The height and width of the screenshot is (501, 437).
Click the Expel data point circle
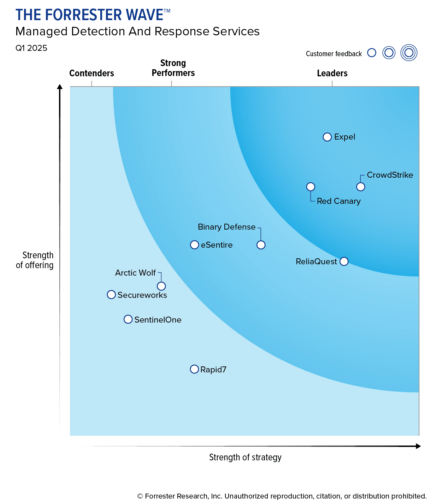(x=327, y=137)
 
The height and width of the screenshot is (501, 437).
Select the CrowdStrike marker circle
(x=360, y=187)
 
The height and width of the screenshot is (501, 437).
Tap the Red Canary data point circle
(x=311, y=187)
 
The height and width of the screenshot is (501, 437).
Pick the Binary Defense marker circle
(x=261, y=245)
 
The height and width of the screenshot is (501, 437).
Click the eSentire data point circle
(x=194, y=245)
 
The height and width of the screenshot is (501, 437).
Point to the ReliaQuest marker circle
(x=344, y=261)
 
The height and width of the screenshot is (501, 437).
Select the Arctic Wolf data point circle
(x=161, y=286)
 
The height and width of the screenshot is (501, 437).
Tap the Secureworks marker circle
(x=111, y=295)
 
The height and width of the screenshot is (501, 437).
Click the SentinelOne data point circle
(x=128, y=319)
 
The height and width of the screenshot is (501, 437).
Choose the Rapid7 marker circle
(x=194, y=369)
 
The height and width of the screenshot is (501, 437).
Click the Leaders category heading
(x=332, y=73)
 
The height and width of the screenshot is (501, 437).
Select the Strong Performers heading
(x=173, y=68)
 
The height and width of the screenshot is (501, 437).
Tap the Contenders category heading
(x=91, y=73)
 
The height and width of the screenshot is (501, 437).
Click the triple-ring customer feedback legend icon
(x=409, y=53)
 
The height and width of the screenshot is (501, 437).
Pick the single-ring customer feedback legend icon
(x=372, y=53)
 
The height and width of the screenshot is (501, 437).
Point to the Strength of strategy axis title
(x=245, y=457)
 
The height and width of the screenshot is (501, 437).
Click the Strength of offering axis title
(x=35, y=260)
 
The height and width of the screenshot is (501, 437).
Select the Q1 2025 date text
(x=31, y=48)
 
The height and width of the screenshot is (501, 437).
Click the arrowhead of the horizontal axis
(x=418, y=446)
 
